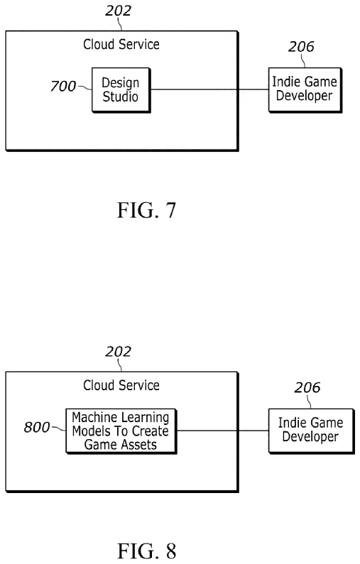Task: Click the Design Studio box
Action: click(x=121, y=89)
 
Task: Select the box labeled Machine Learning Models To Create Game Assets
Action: click(x=121, y=431)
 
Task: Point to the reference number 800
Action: click(x=37, y=427)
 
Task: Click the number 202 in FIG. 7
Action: click(x=119, y=11)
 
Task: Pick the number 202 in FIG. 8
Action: click(x=119, y=352)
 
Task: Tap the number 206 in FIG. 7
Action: click(x=301, y=48)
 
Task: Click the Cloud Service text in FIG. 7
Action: click(x=121, y=45)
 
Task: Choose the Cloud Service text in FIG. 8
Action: click(x=121, y=385)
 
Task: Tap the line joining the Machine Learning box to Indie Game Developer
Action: click(x=222, y=431)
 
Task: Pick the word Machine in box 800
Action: click(x=93, y=418)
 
